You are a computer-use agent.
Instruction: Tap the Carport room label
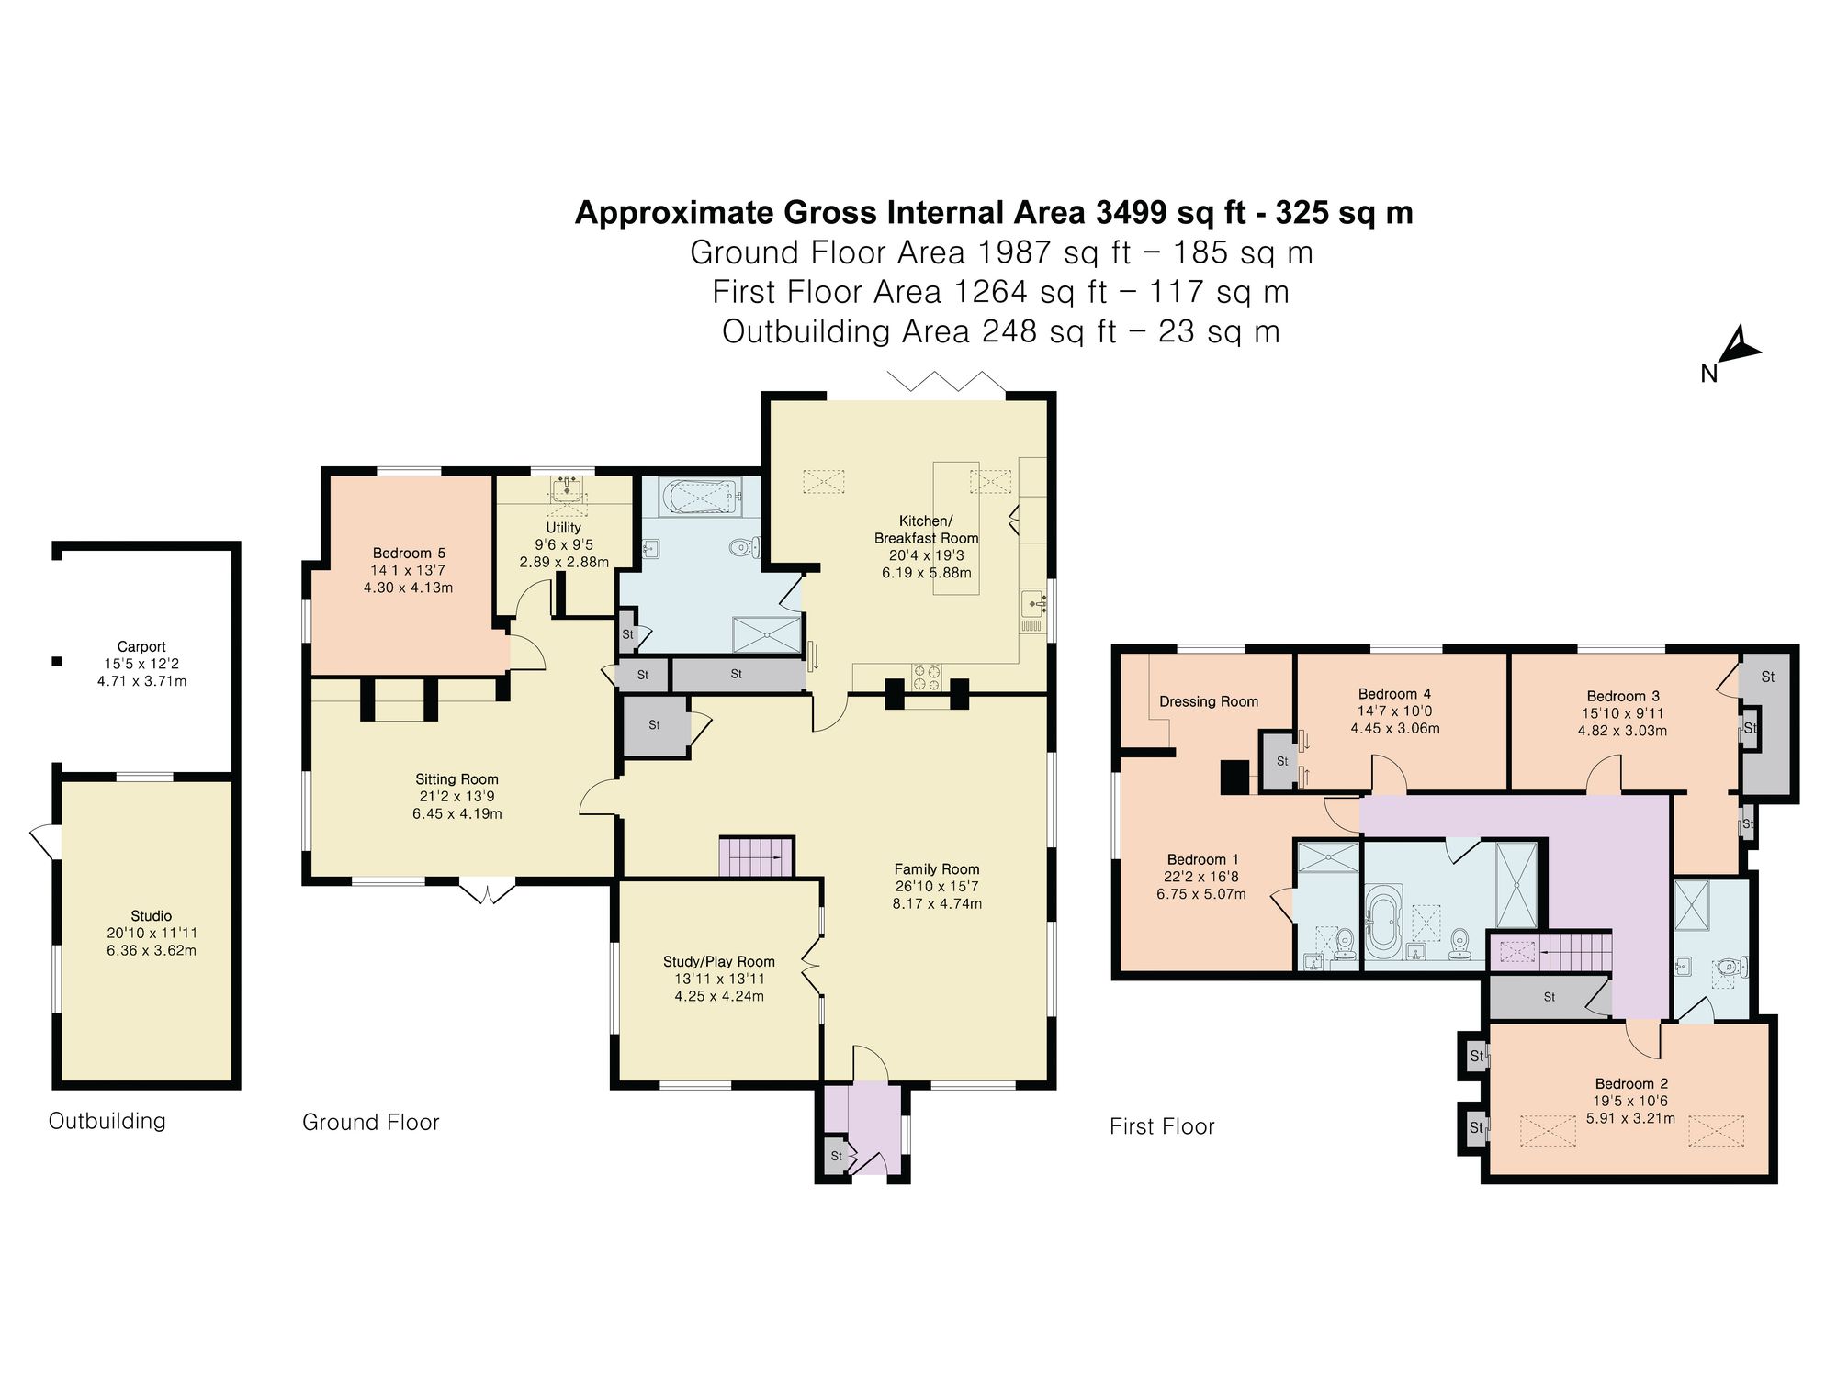[x=141, y=646]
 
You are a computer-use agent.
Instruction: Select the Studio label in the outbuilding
[x=151, y=915]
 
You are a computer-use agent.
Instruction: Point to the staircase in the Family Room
[x=756, y=856]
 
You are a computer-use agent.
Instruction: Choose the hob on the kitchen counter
[x=926, y=677]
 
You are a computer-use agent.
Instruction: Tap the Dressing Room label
[x=1208, y=701]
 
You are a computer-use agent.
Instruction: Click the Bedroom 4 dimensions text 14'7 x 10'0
[x=1394, y=711]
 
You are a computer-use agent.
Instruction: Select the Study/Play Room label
[x=719, y=961]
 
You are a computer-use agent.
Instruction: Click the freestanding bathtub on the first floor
[x=1381, y=926]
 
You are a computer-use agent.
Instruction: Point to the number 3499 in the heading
[x=1133, y=213]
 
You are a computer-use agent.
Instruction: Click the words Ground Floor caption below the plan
[x=370, y=1122]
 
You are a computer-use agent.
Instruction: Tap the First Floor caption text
[x=1161, y=1126]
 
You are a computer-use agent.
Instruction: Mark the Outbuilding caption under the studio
[x=107, y=1121]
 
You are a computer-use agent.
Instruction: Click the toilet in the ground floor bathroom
[x=742, y=548]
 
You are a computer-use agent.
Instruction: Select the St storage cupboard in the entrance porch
[x=836, y=1156]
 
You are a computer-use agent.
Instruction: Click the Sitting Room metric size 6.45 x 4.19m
[x=456, y=813]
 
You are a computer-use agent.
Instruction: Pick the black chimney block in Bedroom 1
[x=1234, y=777]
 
